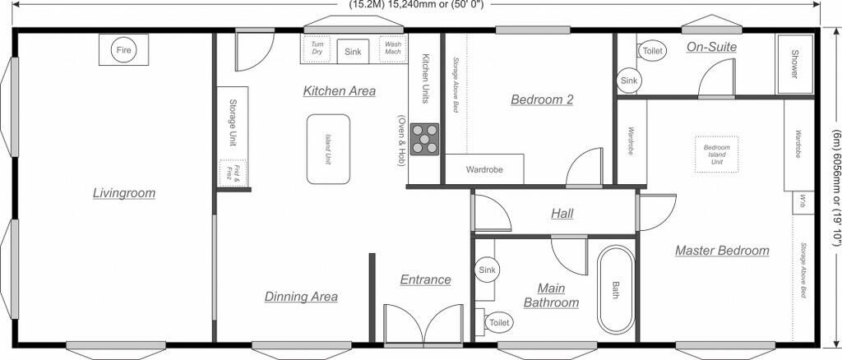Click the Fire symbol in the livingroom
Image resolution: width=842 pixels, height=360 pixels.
[123, 50]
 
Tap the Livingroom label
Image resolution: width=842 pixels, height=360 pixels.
[123, 193]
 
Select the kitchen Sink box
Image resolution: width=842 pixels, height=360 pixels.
[353, 51]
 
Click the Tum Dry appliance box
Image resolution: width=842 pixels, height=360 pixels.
[317, 48]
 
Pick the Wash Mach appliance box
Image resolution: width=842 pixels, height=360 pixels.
[393, 48]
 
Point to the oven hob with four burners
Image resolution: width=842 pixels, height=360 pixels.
[424, 139]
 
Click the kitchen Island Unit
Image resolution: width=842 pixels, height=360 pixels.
[328, 149]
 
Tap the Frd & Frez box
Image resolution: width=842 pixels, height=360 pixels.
[233, 171]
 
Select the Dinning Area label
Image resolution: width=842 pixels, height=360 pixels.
[301, 297]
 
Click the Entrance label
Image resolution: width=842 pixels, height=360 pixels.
[425, 279]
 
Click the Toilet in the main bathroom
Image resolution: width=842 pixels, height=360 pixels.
[498, 323]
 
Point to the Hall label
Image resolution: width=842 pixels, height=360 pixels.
[562, 214]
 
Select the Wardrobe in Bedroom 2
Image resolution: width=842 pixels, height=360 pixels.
[483, 170]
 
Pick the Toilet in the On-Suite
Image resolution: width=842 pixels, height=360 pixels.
[652, 51]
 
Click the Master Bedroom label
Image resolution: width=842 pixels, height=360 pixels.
[722, 251]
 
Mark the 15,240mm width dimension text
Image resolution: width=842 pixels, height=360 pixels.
[417, 4]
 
